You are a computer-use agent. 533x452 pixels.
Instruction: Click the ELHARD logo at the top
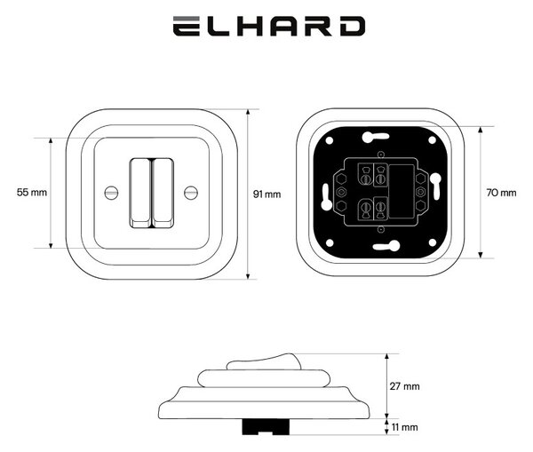pos(269,26)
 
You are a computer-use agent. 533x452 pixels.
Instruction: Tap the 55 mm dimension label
pos(32,193)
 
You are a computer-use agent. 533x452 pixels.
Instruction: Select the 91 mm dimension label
pos(266,194)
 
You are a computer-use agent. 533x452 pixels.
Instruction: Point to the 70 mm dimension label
pos(501,193)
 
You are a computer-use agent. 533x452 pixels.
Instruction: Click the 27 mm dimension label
pos(404,386)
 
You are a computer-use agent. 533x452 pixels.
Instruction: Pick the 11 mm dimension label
pos(404,427)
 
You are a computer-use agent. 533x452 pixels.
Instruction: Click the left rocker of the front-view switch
pos(140,193)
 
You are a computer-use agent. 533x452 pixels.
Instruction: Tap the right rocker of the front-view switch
pos(163,193)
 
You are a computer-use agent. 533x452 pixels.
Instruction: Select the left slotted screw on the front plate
pos(111,193)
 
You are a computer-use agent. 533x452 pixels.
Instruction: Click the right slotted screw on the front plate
pos(191,193)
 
